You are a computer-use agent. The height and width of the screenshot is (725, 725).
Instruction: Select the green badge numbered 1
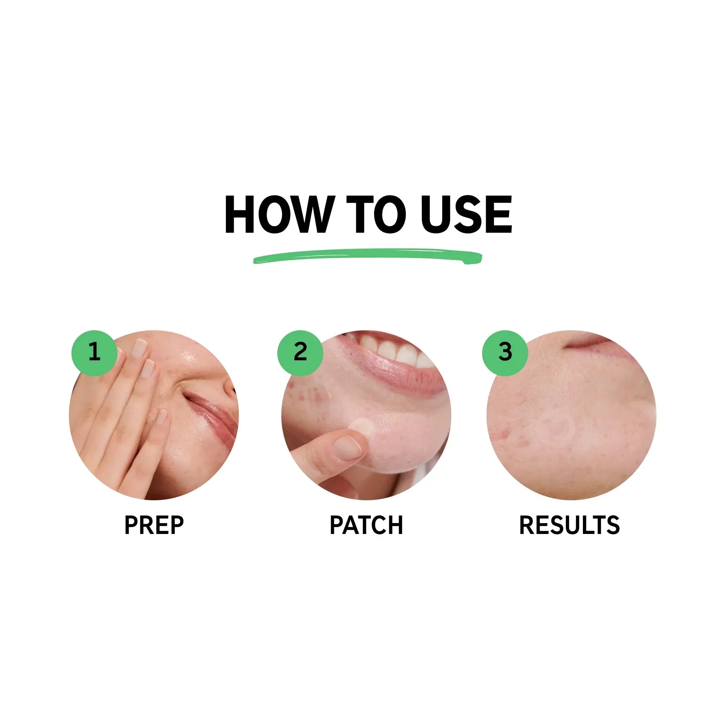94,353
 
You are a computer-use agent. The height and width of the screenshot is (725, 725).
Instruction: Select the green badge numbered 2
300,353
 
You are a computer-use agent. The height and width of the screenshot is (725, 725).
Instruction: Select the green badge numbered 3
505,353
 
